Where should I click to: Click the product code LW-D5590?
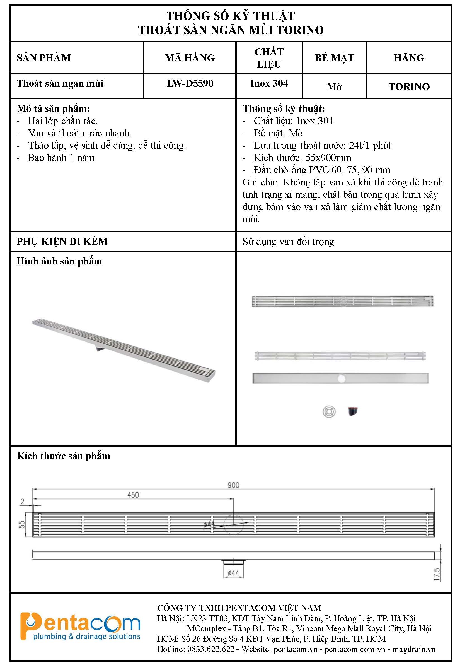click(190, 84)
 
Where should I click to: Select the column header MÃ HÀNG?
click(190, 58)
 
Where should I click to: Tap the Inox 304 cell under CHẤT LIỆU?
click(269, 84)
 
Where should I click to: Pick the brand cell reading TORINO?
click(409, 86)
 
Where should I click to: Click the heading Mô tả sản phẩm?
click(53, 109)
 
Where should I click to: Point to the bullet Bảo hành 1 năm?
click(61, 158)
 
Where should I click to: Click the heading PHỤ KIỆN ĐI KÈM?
click(62, 241)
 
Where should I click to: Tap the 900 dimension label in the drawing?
click(233, 485)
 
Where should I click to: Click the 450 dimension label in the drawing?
click(133, 495)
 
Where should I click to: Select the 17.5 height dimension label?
click(437, 574)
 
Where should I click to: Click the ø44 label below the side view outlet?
click(233, 573)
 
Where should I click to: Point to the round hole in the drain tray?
click(342, 378)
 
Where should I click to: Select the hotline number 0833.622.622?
click(211, 649)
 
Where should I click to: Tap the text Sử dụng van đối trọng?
click(288, 242)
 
